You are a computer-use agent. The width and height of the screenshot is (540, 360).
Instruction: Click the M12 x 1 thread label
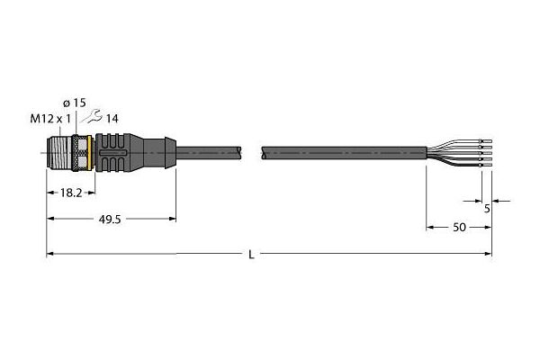pyautogui.click(x=50, y=119)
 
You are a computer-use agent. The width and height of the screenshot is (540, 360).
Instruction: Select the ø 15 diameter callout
pyautogui.click(x=75, y=103)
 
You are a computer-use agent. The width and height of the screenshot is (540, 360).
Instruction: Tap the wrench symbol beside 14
pyautogui.click(x=91, y=116)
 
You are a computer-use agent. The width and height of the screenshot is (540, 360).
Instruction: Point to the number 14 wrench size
pyautogui.click(x=112, y=119)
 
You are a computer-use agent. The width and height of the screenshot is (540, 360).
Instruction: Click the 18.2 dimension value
pyautogui.click(x=71, y=193)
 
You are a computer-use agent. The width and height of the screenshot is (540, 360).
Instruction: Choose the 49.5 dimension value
pyautogui.click(x=110, y=220)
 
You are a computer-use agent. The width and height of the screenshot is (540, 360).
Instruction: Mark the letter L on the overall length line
pyautogui.click(x=252, y=255)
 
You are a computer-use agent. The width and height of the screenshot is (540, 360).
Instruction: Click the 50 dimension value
pyautogui.click(x=459, y=228)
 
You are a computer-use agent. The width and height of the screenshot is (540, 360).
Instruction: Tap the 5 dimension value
pyautogui.click(x=487, y=209)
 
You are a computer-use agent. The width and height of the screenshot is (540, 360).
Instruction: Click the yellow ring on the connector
pyautogui.click(x=90, y=152)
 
